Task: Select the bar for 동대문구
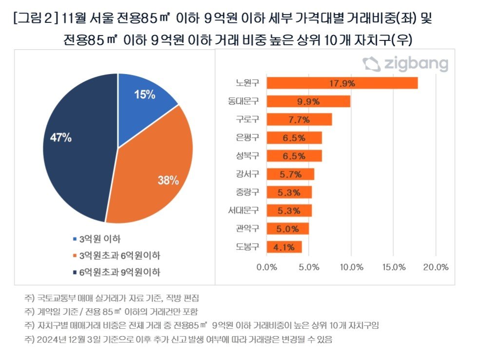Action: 308,101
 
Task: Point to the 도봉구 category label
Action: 247,246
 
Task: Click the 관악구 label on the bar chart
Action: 247,228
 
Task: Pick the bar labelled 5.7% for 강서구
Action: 290,174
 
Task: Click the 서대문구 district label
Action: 244,210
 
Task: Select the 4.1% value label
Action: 284,247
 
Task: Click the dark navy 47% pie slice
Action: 73,146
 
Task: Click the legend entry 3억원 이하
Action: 100,239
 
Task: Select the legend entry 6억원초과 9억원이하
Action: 119,271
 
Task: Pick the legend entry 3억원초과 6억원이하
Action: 119,255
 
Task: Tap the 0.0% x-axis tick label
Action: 267,267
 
